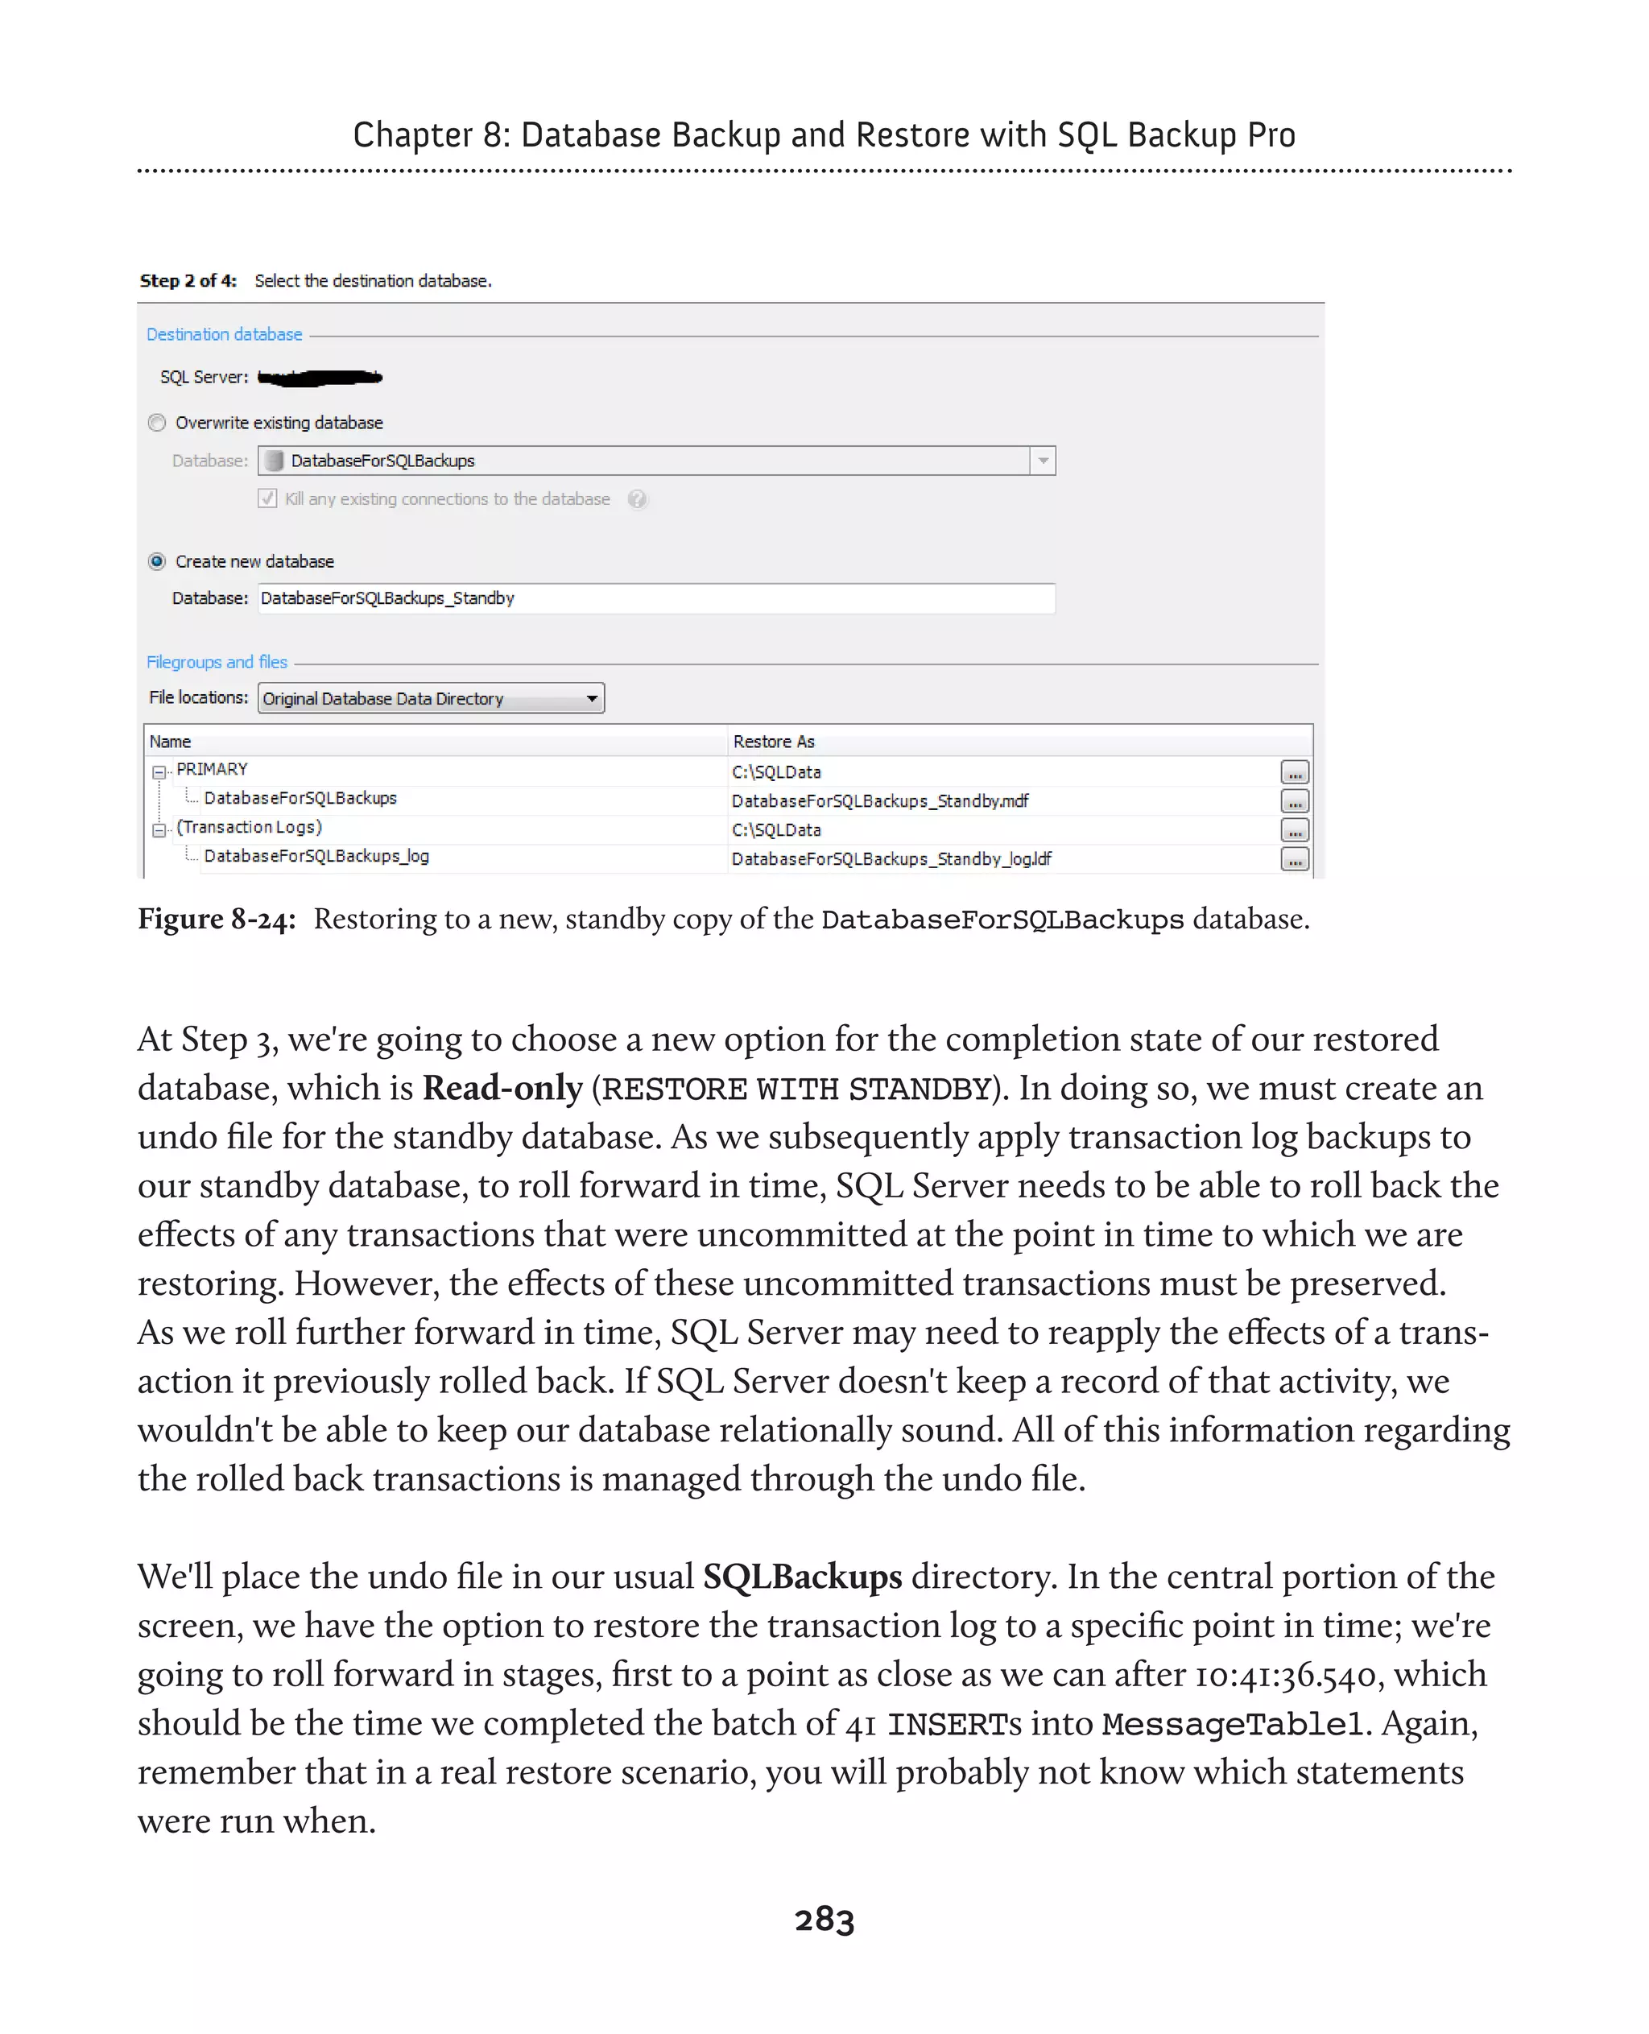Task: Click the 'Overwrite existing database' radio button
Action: tap(158, 423)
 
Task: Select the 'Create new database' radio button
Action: tap(158, 561)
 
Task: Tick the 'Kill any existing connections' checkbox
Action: tap(268, 498)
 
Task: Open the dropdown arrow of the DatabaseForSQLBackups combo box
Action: tap(1043, 461)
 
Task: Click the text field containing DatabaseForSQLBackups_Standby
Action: tap(655, 598)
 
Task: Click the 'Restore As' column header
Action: tap(773, 741)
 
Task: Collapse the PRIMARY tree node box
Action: tap(159, 771)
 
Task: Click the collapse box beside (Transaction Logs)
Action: tap(159, 829)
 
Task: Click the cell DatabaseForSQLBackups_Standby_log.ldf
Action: tap(891, 859)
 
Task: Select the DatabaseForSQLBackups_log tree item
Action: tap(316, 856)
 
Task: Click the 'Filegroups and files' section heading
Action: tap(217, 662)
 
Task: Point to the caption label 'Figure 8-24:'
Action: tap(217, 919)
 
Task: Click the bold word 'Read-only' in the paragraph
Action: tap(502, 1088)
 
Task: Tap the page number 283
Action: tap(824, 1919)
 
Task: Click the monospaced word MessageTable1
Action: tap(1232, 1724)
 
